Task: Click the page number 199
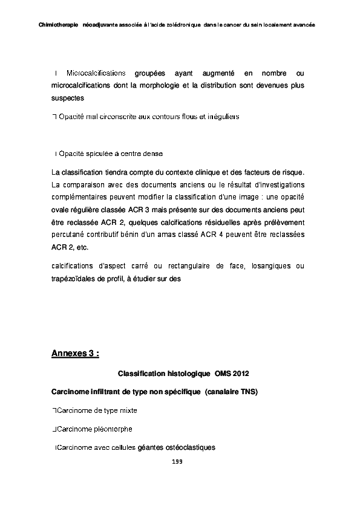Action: click(177, 462)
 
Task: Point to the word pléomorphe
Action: click(113, 429)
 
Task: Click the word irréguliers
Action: click(222, 116)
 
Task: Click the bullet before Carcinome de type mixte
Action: click(54, 410)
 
